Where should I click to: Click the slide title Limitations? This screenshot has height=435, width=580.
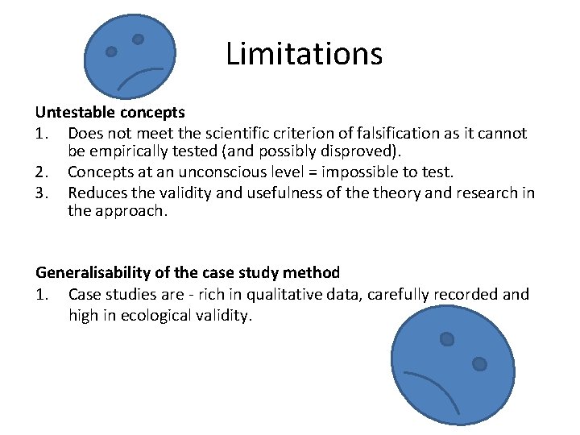coord(304,54)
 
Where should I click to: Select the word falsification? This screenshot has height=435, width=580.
coord(414,132)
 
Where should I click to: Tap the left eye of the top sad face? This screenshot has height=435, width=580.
coord(111,52)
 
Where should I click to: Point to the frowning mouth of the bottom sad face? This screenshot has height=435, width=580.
coord(430,387)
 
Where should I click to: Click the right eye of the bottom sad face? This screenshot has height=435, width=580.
coord(479,364)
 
